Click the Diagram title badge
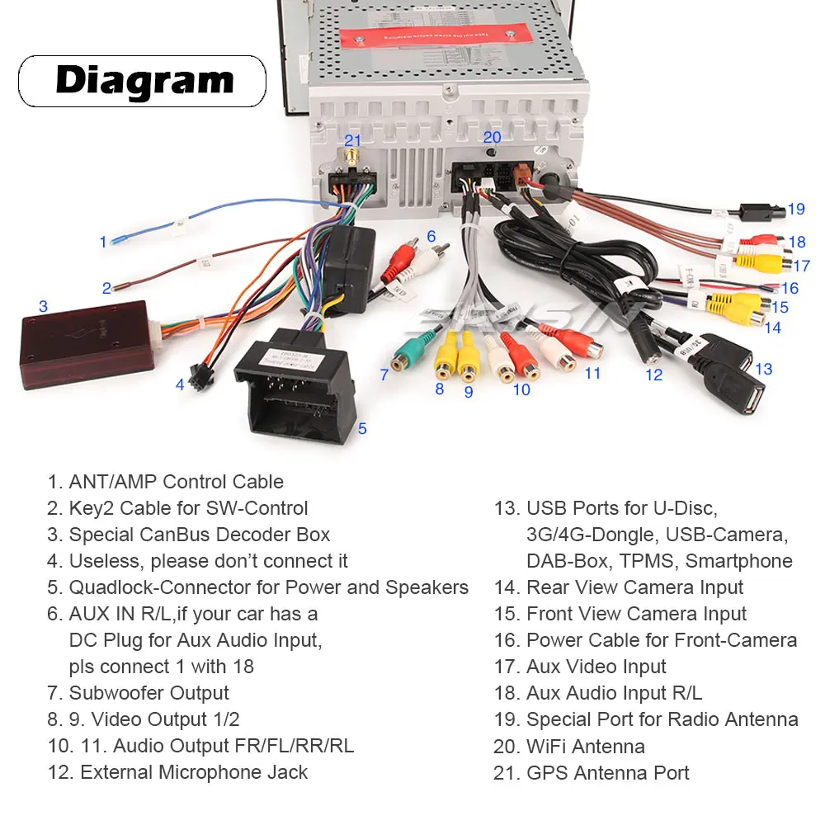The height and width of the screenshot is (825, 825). [x=142, y=81]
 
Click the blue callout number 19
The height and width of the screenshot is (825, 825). [x=795, y=209]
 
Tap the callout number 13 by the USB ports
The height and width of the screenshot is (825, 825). [x=763, y=369]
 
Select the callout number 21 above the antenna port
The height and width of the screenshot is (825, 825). [x=353, y=140]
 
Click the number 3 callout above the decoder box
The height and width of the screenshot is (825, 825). [x=43, y=306]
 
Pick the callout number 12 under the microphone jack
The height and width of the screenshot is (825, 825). [x=653, y=375]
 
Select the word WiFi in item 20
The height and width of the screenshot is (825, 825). [x=546, y=747]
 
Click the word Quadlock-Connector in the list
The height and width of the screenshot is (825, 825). [x=174, y=587]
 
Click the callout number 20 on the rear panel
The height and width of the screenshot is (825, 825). [x=492, y=138]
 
